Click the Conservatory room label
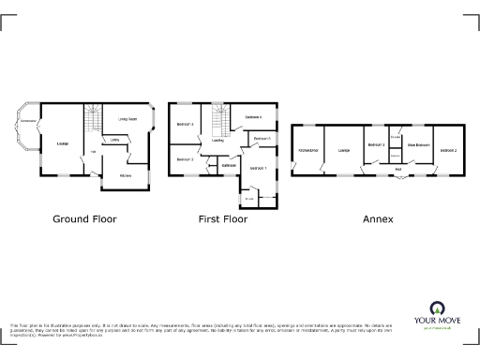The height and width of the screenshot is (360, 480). [28, 121]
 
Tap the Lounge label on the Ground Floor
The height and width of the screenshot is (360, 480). [63, 142]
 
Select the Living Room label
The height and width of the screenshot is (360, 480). [127, 119]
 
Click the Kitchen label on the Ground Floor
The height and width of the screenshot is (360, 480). [125, 175]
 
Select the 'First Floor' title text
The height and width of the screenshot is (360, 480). [222, 219]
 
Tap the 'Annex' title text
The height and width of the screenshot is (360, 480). [379, 219]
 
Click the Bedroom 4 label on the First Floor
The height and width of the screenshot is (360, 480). [253, 117]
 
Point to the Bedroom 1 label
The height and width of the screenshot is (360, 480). [259, 168]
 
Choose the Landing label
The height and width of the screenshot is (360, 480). [217, 141]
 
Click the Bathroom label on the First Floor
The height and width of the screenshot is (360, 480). [227, 166]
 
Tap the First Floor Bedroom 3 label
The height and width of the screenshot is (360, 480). [184, 124]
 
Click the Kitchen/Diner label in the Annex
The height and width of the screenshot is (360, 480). [308, 150]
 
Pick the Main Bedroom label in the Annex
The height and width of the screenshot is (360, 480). [418, 144]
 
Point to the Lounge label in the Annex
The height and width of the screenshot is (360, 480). [344, 150]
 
